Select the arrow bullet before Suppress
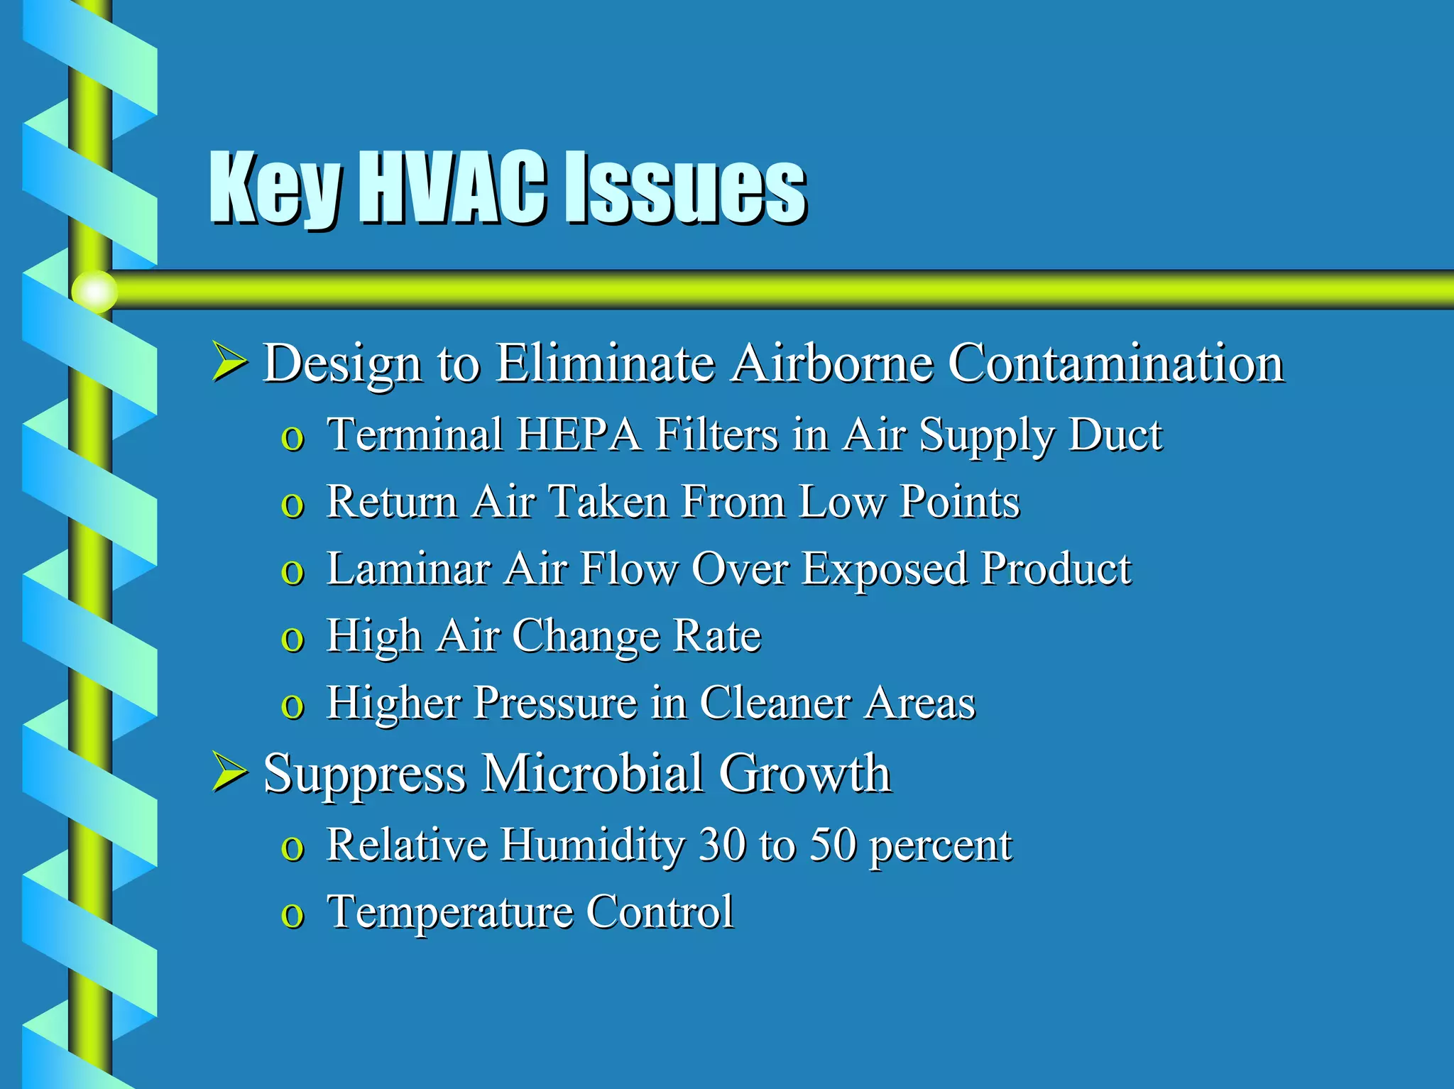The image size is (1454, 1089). click(x=229, y=773)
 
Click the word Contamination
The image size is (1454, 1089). click(x=1115, y=363)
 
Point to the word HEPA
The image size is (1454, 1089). click(x=579, y=434)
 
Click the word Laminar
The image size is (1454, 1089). click(x=408, y=569)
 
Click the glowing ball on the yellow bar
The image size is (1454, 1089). click(x=94, y=291)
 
